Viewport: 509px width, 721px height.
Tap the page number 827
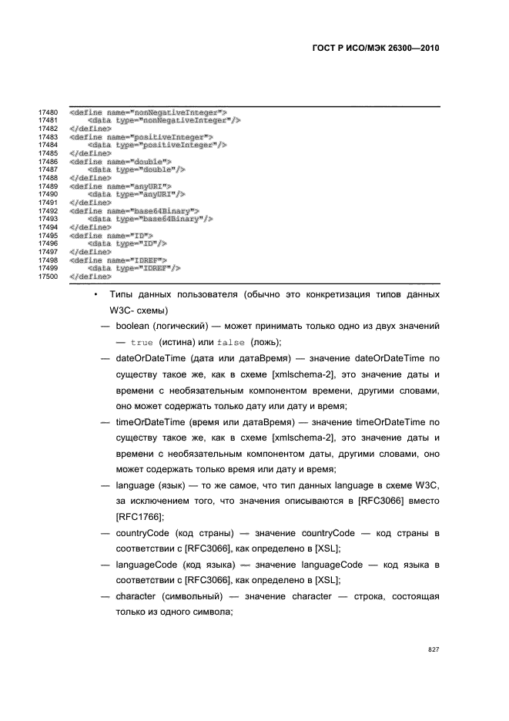[434, 650]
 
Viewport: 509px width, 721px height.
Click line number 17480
[49, 112]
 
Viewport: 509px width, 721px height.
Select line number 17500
[49, 276]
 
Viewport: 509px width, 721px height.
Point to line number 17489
[49, 186]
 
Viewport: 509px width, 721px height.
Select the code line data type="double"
[136, 169]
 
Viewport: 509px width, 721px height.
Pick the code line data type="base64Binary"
[150, 219]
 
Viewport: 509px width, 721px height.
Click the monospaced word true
[142, 343]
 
